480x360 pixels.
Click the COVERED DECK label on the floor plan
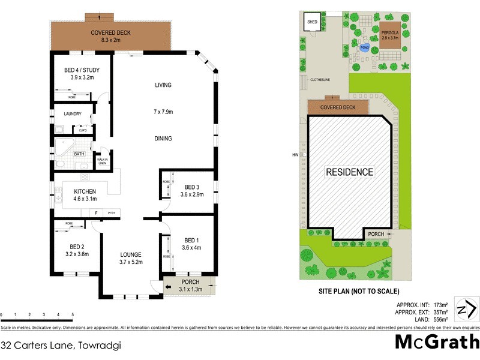[x=110, y=32]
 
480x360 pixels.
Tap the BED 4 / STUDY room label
[x=82, y=70]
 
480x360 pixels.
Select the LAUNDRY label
[x=68, y=114]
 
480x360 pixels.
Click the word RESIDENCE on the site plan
[x=349, y=172]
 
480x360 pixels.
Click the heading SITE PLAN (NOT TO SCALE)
[x=358, y=292]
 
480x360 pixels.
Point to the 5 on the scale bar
[x=73, y=314]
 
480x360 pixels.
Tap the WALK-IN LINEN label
[x=103, y=161]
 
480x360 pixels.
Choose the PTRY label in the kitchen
[x=111, y=213]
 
